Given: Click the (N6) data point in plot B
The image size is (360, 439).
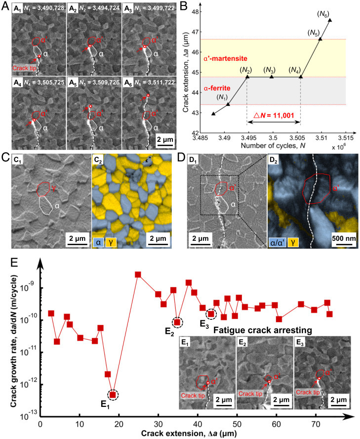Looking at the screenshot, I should (x=330, y=20).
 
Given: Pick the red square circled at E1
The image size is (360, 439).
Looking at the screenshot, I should (x=113, y=394).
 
